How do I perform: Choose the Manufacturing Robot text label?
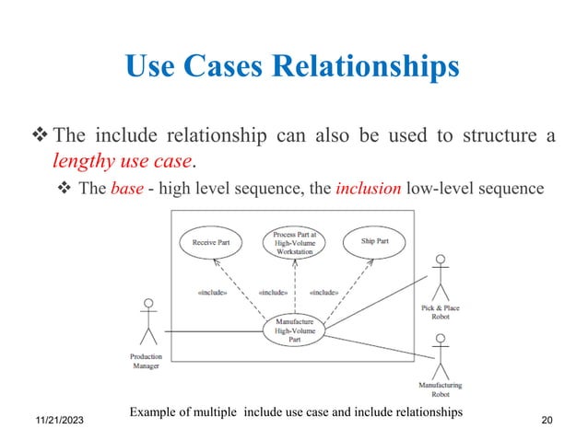440,389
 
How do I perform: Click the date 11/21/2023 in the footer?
48,420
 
